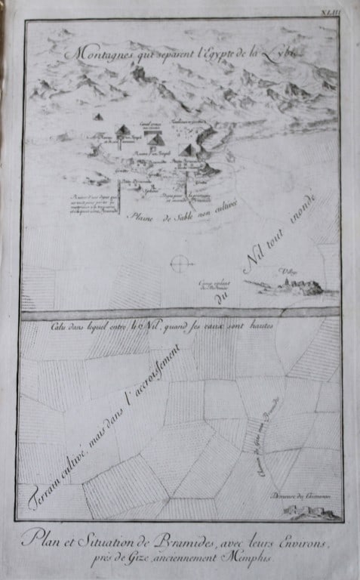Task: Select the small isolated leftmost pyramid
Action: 97,117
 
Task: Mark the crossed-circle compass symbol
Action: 179,264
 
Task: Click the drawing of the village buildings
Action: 291,286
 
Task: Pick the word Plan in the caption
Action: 43,538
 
